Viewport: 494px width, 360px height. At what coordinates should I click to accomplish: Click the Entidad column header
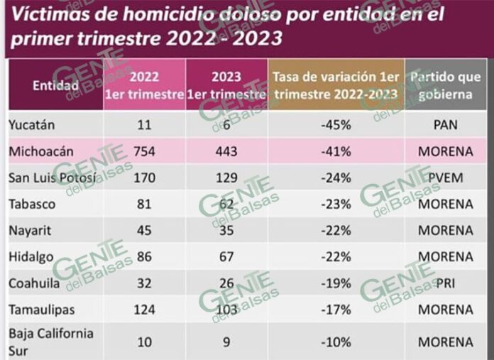56,85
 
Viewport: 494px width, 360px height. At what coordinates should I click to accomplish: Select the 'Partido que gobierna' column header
446,85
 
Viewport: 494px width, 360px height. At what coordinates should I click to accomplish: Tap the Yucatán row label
31,125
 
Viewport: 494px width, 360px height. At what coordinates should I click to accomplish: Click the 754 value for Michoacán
144,151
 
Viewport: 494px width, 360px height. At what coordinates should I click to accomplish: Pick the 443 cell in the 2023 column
226,151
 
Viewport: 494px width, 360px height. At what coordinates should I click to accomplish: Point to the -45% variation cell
336,125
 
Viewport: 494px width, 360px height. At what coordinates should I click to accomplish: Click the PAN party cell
446,125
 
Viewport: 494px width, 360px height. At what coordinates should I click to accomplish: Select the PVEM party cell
446,178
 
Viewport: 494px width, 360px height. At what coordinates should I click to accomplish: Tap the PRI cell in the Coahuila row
446,283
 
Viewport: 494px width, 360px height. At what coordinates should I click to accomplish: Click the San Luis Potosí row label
53,178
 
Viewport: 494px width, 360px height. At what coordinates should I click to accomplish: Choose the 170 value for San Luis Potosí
144,178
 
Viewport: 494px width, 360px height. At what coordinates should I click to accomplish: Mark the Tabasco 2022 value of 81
144,204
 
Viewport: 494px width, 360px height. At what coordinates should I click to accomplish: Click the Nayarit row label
30,231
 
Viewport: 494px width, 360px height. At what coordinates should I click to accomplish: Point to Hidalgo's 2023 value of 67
226,256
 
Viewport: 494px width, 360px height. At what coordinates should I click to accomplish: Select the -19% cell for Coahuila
336,283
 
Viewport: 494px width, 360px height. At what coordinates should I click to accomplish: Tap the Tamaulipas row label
42,310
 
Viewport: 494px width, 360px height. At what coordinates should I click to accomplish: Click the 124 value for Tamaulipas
144,310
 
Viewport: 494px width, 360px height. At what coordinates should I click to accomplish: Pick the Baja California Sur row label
51,342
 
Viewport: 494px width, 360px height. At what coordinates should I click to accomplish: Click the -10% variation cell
336,342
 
